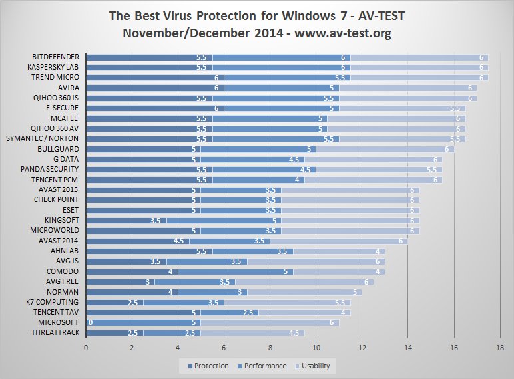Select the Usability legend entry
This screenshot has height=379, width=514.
tap(315, 366)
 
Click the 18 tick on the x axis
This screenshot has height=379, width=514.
tap(499, 346)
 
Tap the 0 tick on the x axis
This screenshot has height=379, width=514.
tap(86, 346)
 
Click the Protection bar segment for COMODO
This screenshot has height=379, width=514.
tap(132, 271)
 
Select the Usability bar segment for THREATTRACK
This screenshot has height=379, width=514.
tap(253, 332)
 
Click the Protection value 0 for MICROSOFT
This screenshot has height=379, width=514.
tap(90, 322)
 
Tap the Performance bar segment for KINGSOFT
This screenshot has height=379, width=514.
tap(223, 221)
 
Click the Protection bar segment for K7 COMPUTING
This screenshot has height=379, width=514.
tap(115, 302)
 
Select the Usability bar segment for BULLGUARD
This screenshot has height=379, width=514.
tap(385, 149)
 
